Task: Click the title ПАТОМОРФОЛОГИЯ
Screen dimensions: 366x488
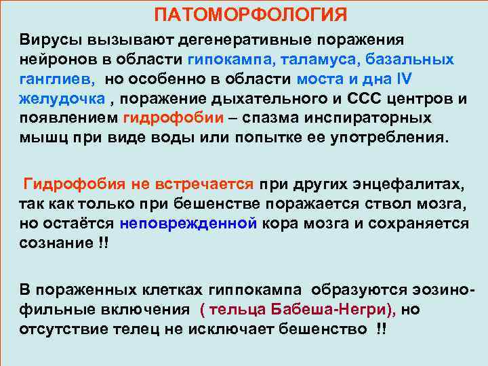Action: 250,14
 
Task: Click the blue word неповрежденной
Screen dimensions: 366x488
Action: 188,223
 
